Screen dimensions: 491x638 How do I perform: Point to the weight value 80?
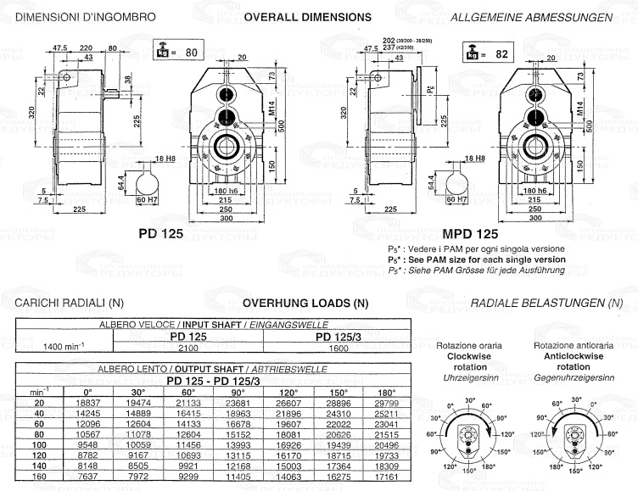191,53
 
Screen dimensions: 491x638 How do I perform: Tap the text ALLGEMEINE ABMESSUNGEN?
544,17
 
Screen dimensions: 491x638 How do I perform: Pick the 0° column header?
88,392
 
